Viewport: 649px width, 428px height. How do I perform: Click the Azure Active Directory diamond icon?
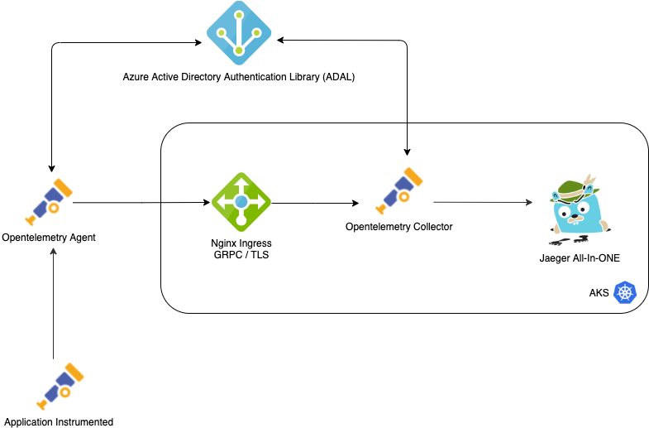[239, 34]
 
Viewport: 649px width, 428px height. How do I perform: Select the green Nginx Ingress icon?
[241, 201]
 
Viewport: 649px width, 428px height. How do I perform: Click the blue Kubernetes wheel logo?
[625, 292]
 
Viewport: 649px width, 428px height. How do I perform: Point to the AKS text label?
[599, 293]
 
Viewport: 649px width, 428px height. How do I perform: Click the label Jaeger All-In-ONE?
[580, 258]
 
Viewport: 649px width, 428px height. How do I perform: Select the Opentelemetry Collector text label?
[399, 226]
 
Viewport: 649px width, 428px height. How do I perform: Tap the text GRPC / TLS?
[241, 255]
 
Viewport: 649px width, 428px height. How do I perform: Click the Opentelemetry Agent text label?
[49, 238]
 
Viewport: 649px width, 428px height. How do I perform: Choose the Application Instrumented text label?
[59, 421]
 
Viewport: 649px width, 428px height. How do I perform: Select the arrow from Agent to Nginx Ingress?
[141, 201]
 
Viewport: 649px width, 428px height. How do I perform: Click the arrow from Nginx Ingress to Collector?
[314, 203]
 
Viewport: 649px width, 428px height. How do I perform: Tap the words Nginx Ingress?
[241, 243]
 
